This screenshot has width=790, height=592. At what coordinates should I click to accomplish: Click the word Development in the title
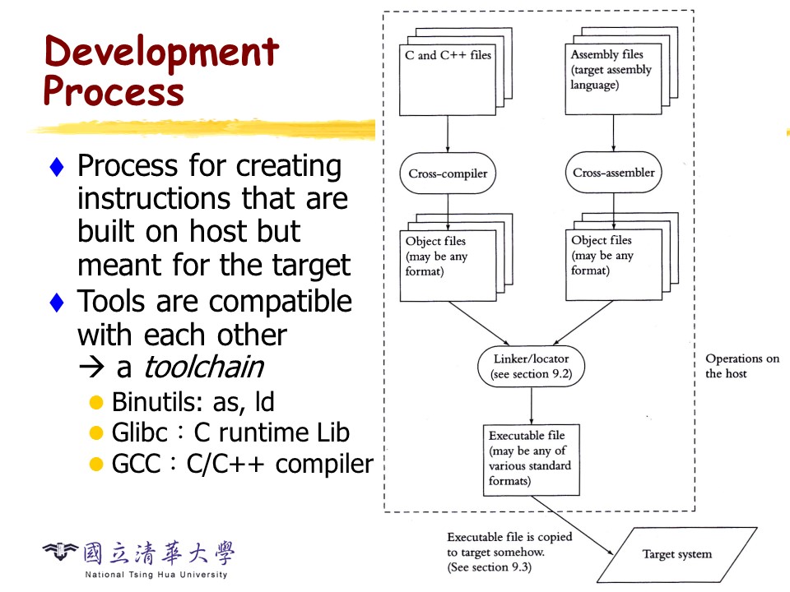coord(161,53)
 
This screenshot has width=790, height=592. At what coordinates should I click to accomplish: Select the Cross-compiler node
coord(448,173)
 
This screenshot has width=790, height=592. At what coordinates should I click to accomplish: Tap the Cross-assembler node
coord(614,173)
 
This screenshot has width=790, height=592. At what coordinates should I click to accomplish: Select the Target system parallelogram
coord(676,554)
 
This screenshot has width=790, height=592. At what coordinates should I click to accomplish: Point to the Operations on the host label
coord(741,366)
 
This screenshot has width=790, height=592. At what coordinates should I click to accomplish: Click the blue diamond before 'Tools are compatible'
coord(57,303)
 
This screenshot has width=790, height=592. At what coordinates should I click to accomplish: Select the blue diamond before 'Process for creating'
coord(57,167)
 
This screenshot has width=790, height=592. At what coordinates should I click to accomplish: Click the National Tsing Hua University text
coord(156,574)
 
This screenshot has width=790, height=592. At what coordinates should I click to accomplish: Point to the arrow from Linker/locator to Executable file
coord(532,405)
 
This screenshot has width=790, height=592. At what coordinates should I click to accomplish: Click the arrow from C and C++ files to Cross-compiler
coord(448,133)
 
